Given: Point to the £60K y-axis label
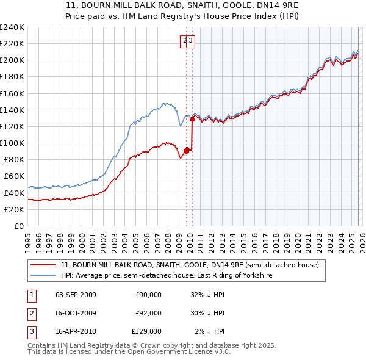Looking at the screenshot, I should tap(13, 176).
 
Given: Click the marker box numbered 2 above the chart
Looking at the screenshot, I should tap(184, 41).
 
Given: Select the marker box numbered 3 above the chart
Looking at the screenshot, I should tap(190, 41).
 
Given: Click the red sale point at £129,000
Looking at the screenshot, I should tap(192, 120).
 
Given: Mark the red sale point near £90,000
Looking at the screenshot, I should tap(186, 151).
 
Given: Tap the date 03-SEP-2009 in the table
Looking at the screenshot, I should tap(76, 295).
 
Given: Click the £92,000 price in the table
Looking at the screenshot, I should tap(148, 313).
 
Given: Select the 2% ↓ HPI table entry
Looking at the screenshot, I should tap(210, 331).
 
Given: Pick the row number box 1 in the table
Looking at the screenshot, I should tap(30, 295).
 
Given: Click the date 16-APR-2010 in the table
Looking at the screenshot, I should tap(76, 331).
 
